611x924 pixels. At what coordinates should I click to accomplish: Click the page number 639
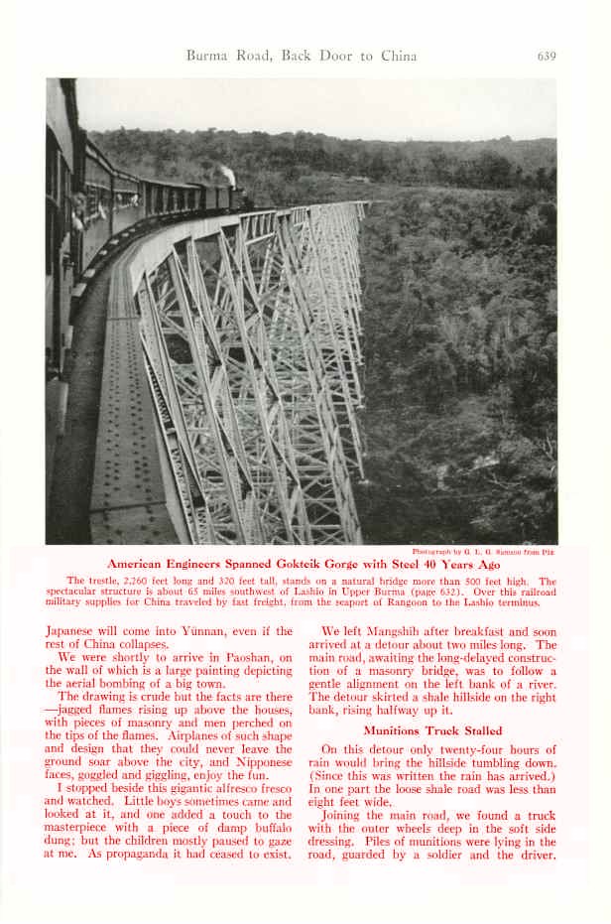pos(546,56)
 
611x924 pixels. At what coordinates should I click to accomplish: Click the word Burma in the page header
pos(206,56)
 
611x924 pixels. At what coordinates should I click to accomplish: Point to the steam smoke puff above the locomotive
pos(227,176)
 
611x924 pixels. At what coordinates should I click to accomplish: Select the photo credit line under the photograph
pos(484,551)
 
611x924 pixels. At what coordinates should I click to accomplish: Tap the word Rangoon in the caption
pos(403,601)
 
